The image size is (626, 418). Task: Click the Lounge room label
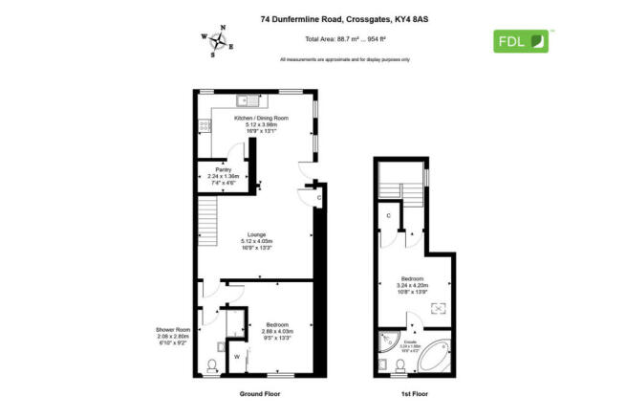(256, 234)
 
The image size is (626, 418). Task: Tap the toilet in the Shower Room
(211, 364)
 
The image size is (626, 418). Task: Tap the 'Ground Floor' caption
(260, 394)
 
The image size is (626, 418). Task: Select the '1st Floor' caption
(415, 394)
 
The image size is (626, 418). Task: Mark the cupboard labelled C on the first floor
(389, 217)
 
